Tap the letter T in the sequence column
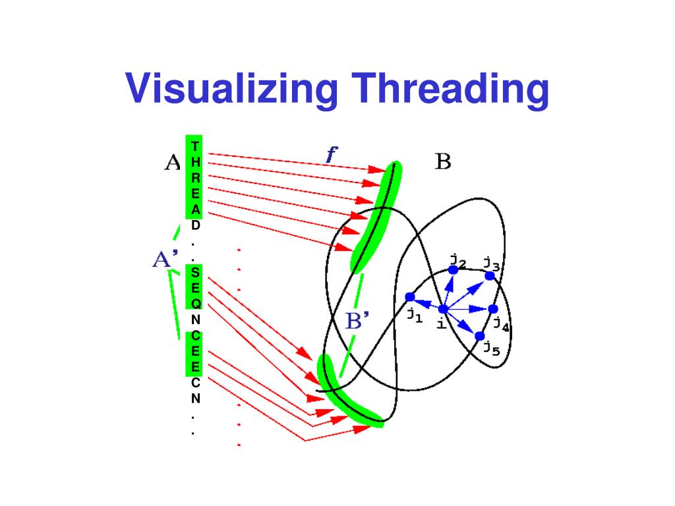tap(195, 146)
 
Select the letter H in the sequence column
tap(195, 161)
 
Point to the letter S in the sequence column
tap(195, 272)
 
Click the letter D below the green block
tap(195, 225)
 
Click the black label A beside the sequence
tap(171, 163)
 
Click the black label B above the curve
tap(442, 161)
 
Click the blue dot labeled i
tap(443, 309)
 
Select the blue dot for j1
tap(410, 297)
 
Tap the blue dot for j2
tap(454, 270)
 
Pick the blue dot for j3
tap(490, 276)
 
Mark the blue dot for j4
tap(492, 309)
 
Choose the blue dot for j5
tap(479, 336)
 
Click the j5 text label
tap(491, 347)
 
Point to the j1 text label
tap(414, 315)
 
